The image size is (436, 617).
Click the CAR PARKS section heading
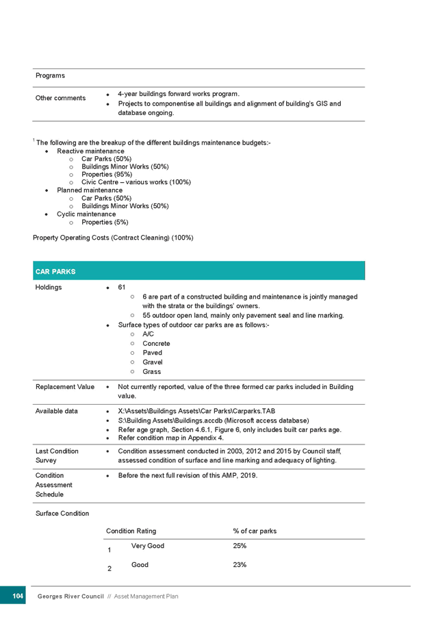[55, 272]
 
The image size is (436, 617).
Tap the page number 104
[18, 596]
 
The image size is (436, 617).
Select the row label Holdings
[49, 288]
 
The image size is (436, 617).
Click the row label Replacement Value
[65, 388]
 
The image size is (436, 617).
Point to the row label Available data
[56, 412]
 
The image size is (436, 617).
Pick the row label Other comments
[61, 98]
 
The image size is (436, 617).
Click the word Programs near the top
[50, 75]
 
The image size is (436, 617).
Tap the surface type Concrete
[156, 344]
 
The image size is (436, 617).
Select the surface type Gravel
[152, 362]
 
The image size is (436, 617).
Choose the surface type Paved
[151, 353]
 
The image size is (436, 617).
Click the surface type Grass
[151, 372]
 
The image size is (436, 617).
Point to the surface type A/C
[149, 334]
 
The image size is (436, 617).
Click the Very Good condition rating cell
[147, 546]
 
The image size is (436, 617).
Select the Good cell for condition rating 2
[140, 565]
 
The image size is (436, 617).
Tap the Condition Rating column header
[131, 531]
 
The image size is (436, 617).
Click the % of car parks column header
[255, 531]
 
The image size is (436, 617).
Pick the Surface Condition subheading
[62, 513]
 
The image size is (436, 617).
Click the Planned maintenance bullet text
[89, 190]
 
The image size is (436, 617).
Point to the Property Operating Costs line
[114, 238]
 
